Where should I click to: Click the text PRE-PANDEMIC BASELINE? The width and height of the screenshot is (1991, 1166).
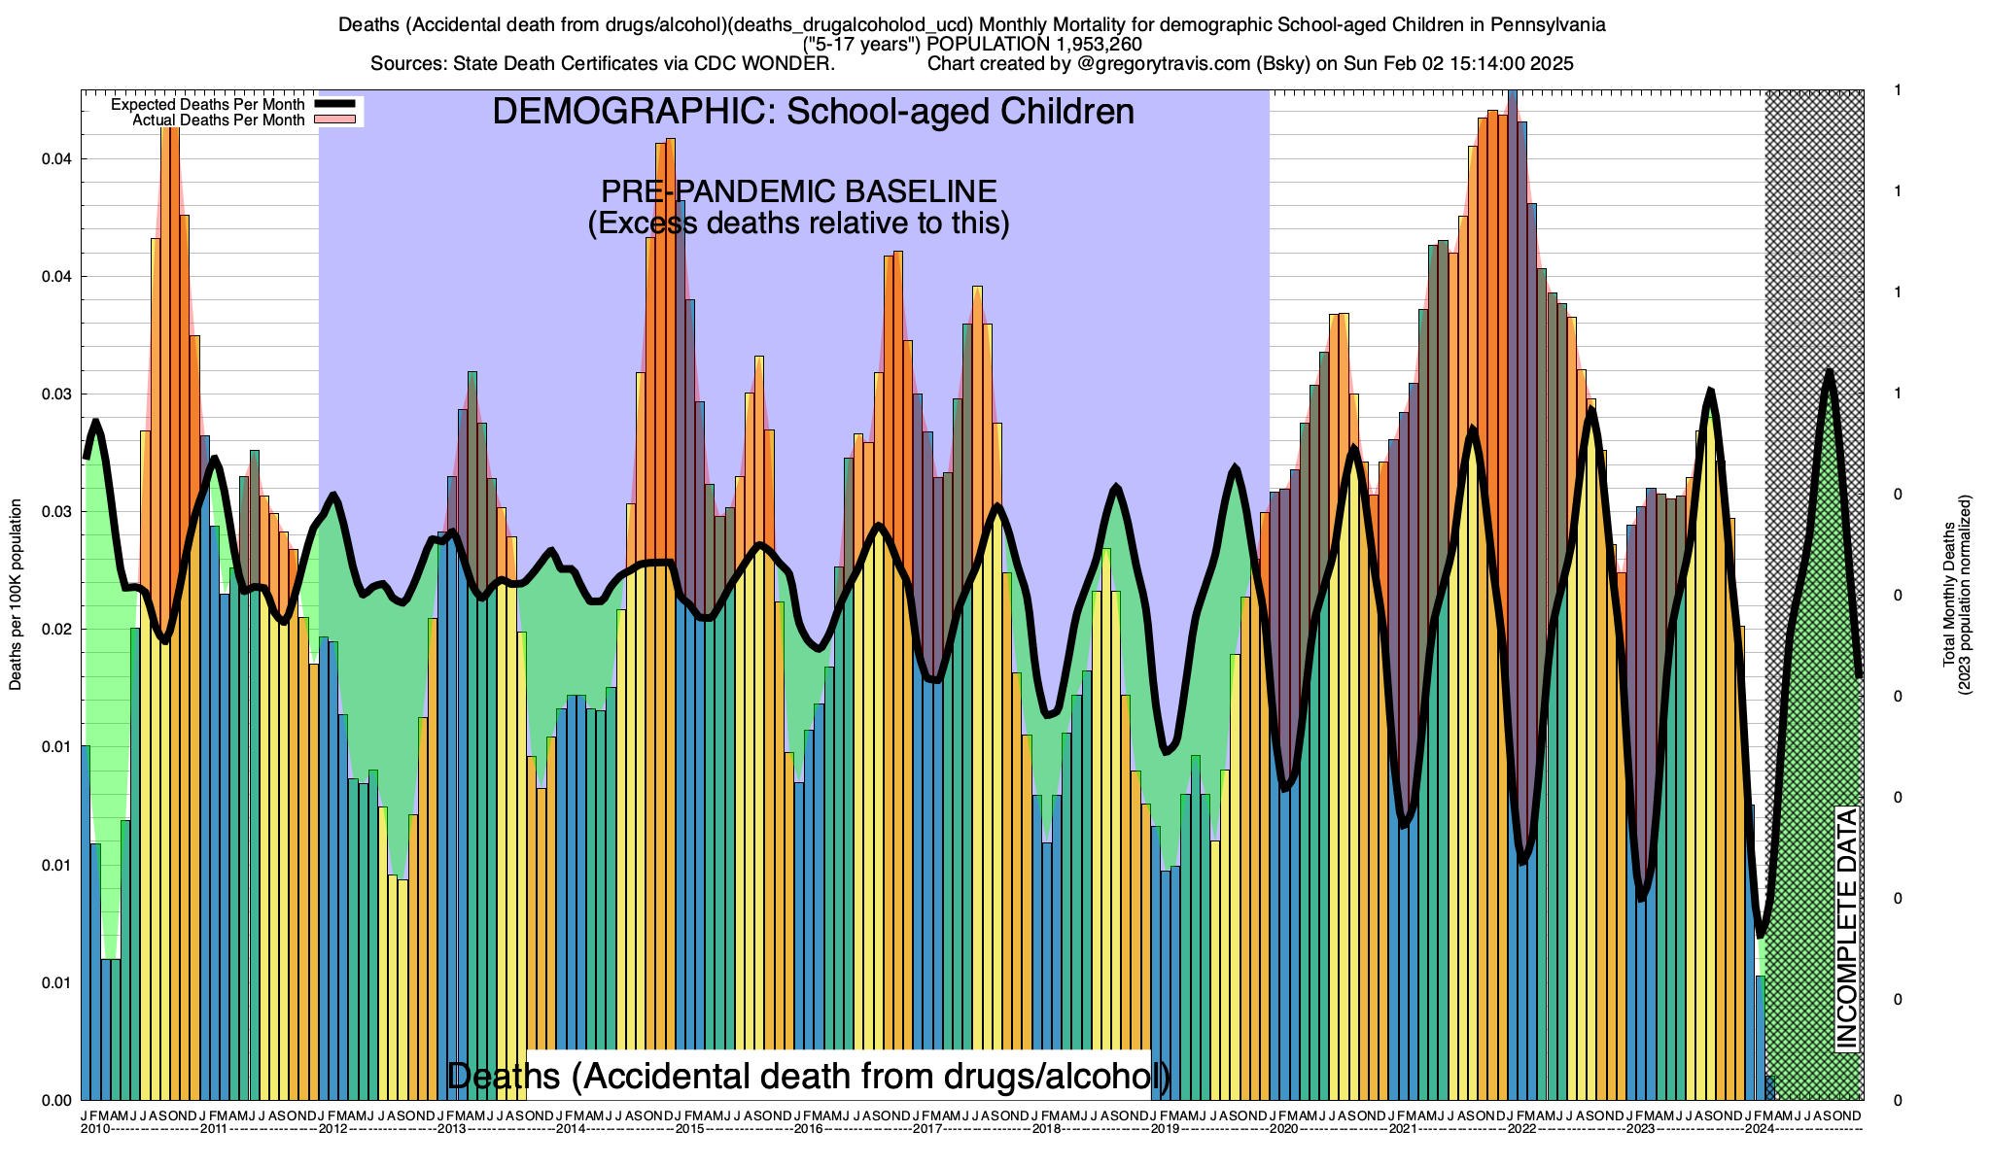[798, 191]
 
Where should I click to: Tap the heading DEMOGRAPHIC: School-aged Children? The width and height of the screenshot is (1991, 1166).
[813, 112]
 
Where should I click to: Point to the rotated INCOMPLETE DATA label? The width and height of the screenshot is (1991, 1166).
[1846, 929]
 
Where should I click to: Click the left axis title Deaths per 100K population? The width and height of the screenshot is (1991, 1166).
[16, 595]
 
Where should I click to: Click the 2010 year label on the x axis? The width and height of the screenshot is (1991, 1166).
[95, 1129]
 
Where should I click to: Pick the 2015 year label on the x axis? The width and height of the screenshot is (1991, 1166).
[690, 1129]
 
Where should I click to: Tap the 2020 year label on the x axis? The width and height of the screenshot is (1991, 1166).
[1283, 1129]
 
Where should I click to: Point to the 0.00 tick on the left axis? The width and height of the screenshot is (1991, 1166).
[57, 1100]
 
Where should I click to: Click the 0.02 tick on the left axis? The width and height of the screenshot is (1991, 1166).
[57, 630]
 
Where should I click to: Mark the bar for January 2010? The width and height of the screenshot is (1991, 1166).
[86, 923]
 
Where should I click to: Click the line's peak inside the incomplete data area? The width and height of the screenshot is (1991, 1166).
[1829, 371]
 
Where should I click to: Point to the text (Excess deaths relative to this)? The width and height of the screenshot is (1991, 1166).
[798, 223]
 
